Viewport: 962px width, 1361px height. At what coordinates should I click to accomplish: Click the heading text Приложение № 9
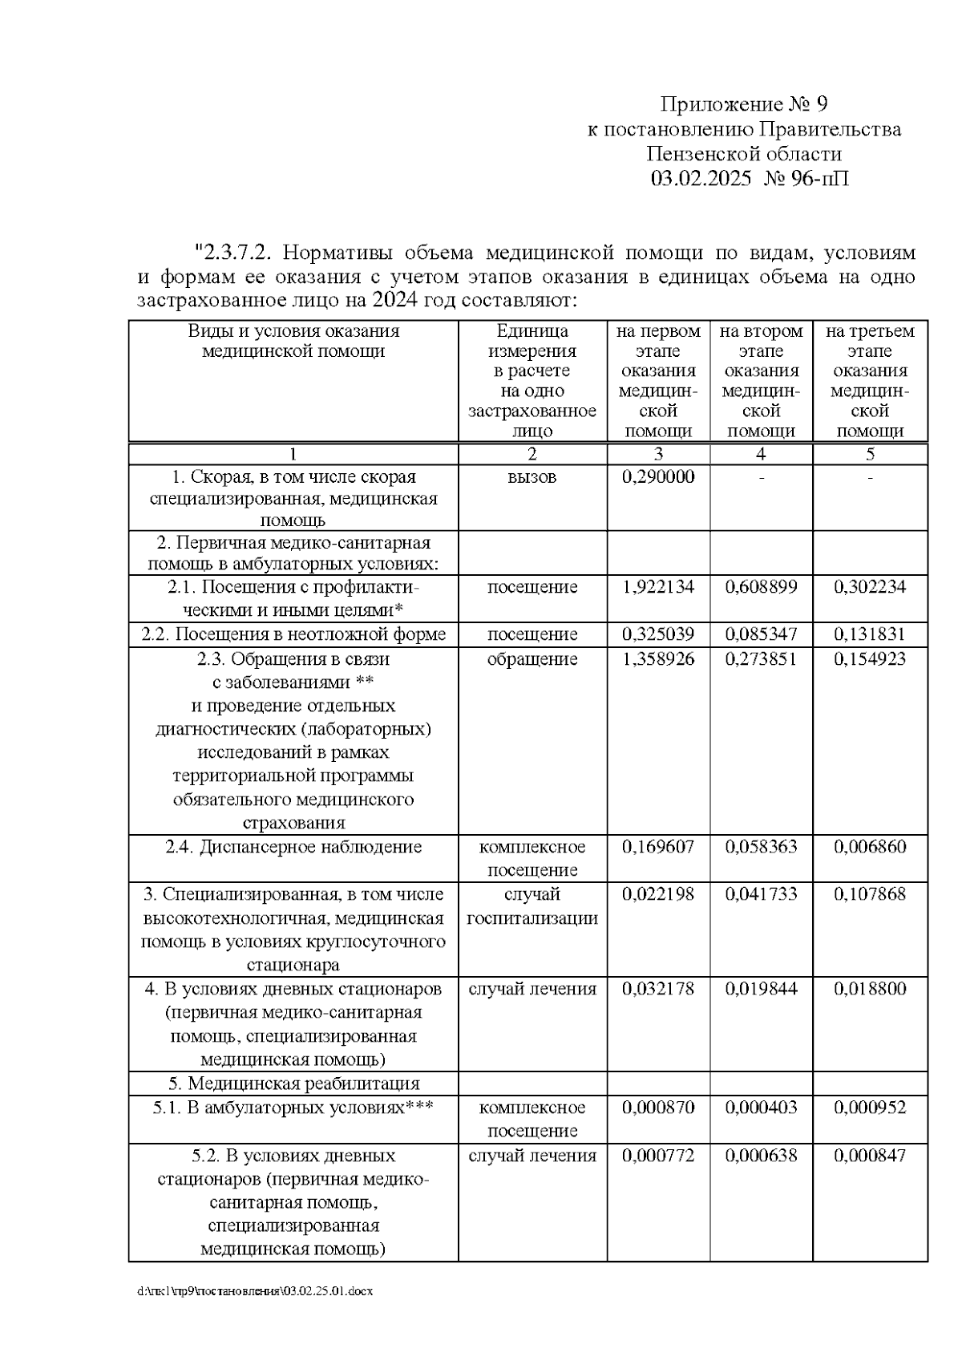[743, 104]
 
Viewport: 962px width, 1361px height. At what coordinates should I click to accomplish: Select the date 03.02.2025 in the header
[701, 178]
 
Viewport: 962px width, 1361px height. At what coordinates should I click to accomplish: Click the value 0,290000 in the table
[658, 477]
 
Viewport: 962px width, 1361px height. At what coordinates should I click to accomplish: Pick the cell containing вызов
[532, 477]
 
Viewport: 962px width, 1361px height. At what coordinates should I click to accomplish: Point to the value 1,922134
[658, 587]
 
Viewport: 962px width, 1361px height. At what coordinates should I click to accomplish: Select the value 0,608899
[761, 587]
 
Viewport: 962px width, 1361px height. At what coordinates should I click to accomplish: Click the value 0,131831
[870, 634]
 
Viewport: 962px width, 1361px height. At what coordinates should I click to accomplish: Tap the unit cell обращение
[532, 659]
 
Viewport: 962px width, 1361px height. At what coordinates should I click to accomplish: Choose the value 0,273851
[761, 659]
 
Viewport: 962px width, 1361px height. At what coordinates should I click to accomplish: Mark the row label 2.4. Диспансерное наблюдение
[293, 847]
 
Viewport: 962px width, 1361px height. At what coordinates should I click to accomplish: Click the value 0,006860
[870, 847]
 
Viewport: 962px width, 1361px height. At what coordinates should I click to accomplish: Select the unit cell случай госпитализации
[532, 906]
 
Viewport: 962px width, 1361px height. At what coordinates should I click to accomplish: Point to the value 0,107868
[870, 894]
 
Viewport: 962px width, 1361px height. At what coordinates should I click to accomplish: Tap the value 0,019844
[761, 989]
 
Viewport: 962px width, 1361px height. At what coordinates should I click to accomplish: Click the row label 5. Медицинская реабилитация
[293, 1084]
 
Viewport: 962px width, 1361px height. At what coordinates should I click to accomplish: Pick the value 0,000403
[761, 1108]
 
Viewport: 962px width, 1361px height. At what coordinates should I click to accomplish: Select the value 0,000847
[870, 1156]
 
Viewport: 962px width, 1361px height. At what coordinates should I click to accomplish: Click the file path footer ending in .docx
[255, 1292]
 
